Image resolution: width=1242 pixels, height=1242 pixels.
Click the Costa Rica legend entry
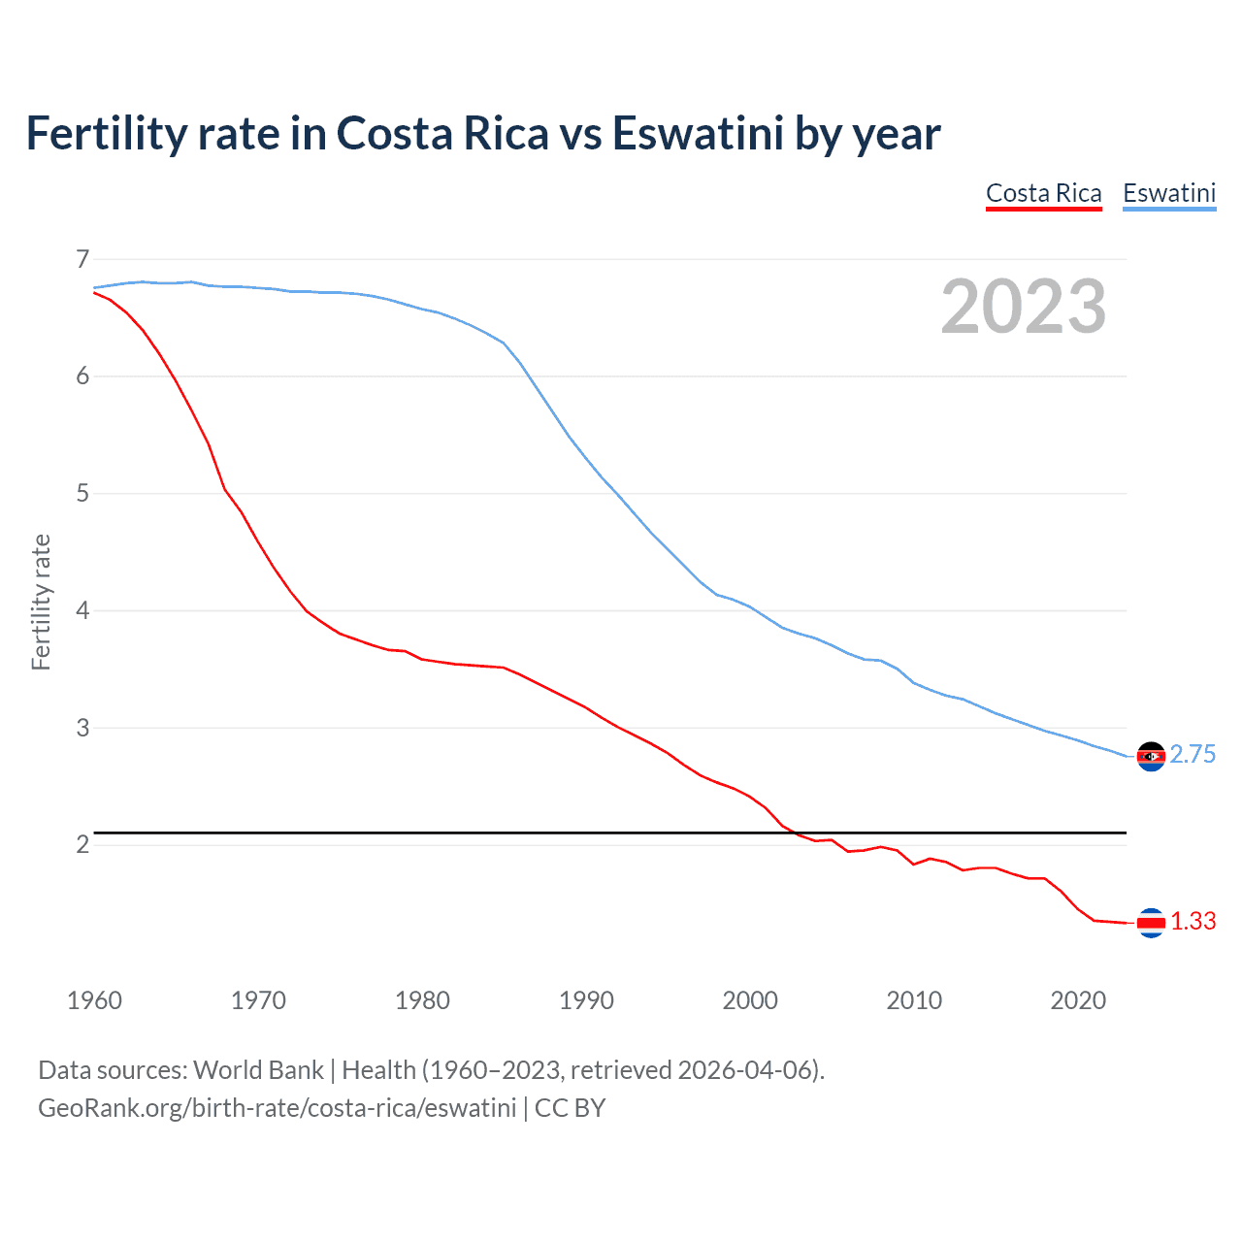click(x=1043, y=194)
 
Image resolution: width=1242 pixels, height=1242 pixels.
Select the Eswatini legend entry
click(x=1168, y=194)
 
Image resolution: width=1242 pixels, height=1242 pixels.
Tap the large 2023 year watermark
click(x=1023, y=307)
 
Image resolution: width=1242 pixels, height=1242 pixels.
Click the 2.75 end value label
click(x=1193, y=755)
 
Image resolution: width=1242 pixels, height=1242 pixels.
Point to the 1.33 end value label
click(x=1193, y=922)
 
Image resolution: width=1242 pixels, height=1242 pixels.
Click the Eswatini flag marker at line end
click(x=1151, y=756)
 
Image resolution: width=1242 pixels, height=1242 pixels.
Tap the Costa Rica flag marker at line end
click(x=1151, y=923)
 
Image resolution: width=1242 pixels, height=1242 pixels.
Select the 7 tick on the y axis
click(x=82, y=259)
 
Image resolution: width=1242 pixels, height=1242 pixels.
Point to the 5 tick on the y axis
click(x=82, y=494)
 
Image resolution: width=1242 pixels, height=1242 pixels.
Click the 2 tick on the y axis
click(x=82, y=845)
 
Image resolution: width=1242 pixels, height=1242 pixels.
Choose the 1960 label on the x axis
click(x=94, y=1000)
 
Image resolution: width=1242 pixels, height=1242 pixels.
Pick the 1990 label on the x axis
click(x=586, y=1000)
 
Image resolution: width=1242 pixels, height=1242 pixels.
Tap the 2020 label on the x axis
click(x=1078, y=1000)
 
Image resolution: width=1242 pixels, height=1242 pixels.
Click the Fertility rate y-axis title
click(x=41, y=602)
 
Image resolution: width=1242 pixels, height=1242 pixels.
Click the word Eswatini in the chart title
click(x=697, y=134)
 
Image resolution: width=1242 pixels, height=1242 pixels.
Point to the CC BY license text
click(x=571, y=1108)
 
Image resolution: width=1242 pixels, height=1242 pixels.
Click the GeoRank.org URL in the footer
click(x=277, y=1108)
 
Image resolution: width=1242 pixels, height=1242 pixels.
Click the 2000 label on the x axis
click(x=750, y=1000)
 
